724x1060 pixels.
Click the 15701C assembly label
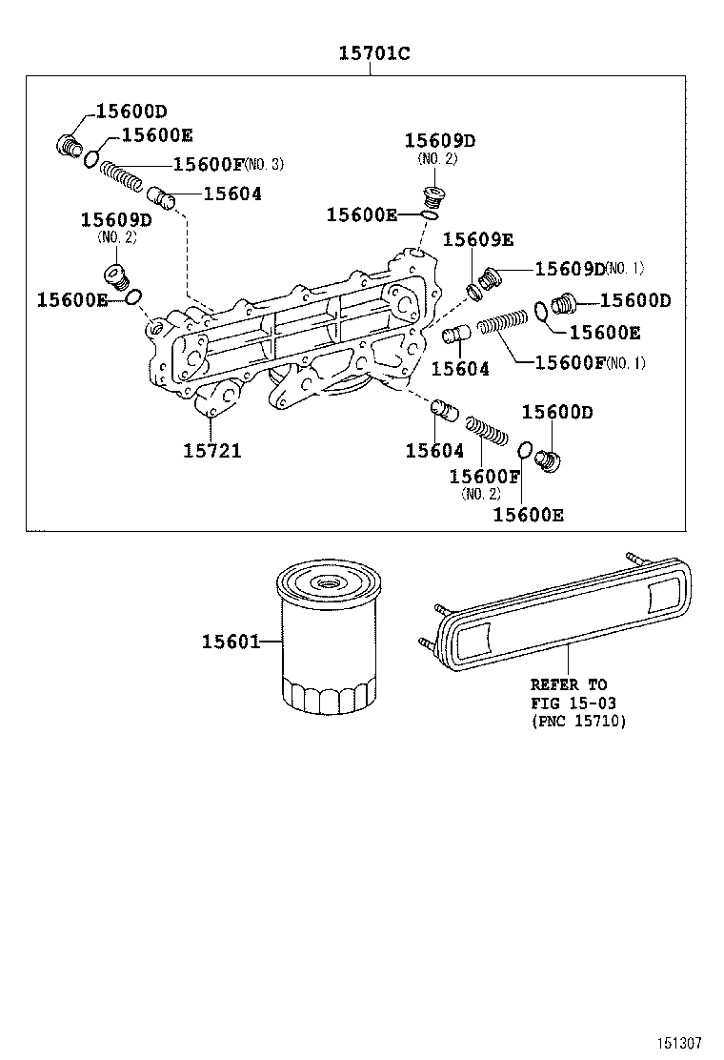click(374, 53)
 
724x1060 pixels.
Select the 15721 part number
click(212, 450)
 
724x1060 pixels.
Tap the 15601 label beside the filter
click(230, 642)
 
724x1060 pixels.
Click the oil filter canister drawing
click(328, 639)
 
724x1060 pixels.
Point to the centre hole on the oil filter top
click(329, 583)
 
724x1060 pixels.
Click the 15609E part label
click(477, 239)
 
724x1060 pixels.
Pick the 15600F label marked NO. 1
click(570, 362)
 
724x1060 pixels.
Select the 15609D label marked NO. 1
click(570, 268)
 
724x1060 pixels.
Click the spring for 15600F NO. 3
click(122, 177)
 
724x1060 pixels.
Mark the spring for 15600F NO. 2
click(485, 427)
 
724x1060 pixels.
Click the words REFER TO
click(568, 684)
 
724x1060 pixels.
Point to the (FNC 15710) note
click(577, 722)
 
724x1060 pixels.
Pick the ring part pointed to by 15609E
click(473, 290)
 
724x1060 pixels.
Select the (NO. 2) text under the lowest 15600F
click(480, 494)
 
